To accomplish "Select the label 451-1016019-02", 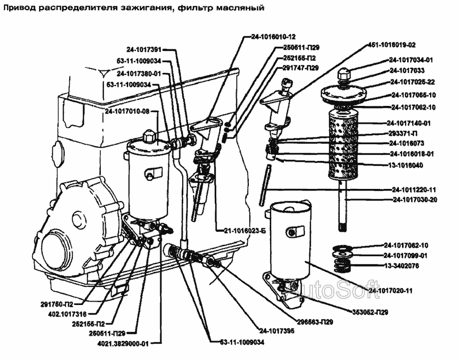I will point(391,44).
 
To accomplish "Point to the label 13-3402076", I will point(402,265).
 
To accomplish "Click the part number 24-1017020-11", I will point(390,290).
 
